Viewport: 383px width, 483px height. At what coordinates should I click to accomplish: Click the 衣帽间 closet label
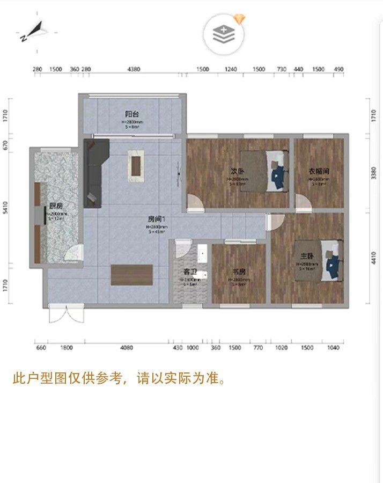pyautogui.click(x=318, y=171)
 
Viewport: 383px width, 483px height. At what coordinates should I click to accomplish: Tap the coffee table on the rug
pyautogui.click(x=137, y=164)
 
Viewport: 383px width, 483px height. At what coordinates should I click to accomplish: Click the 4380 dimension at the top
pyautogui.click(x=134, y=70)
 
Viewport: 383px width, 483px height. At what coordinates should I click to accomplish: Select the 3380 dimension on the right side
pyautogui.click(x=374, y=173)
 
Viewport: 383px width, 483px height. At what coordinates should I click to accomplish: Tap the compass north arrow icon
pyautogui.click(x=32, y=31)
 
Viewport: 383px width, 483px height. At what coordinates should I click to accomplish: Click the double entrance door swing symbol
pyautogui.click(x=67, y=313)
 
